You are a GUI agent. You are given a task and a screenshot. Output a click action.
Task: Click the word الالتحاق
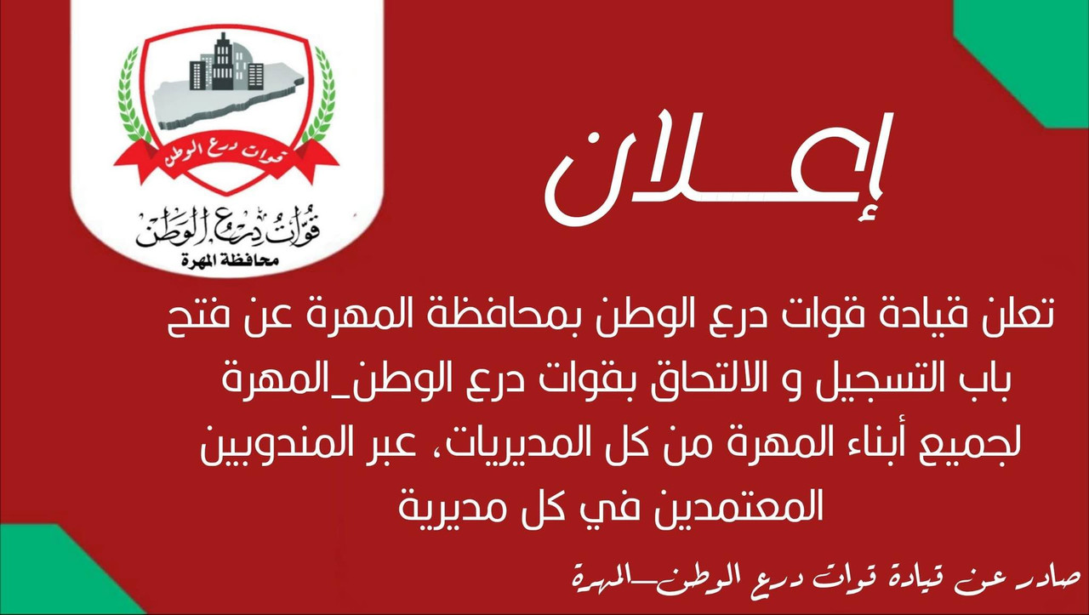[x=655, y=383]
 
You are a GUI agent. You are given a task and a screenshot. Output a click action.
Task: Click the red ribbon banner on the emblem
[x=225, y=158]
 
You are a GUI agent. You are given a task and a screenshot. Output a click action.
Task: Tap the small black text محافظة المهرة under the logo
[x=225, y=259]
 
